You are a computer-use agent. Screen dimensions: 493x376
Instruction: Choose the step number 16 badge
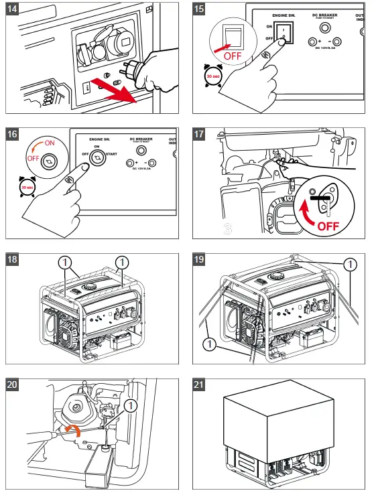click(x=13, y=134)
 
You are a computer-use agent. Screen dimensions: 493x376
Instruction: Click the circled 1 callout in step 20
click(x=130, y=405)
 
